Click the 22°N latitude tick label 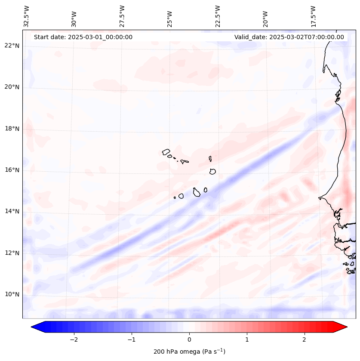tap(12, 46)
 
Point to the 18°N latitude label tap(12, 129)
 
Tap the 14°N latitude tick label tap(12, 211)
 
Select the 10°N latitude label tap(12, 294)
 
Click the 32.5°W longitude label tap(27, 16)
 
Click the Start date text tap(83, 37)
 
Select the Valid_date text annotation tap(289, 37)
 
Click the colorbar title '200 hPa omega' tap(189, 352)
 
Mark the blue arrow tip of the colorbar tap(35, 327)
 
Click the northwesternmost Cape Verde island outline tap(166, 151)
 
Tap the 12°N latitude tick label tap(12, 253)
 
